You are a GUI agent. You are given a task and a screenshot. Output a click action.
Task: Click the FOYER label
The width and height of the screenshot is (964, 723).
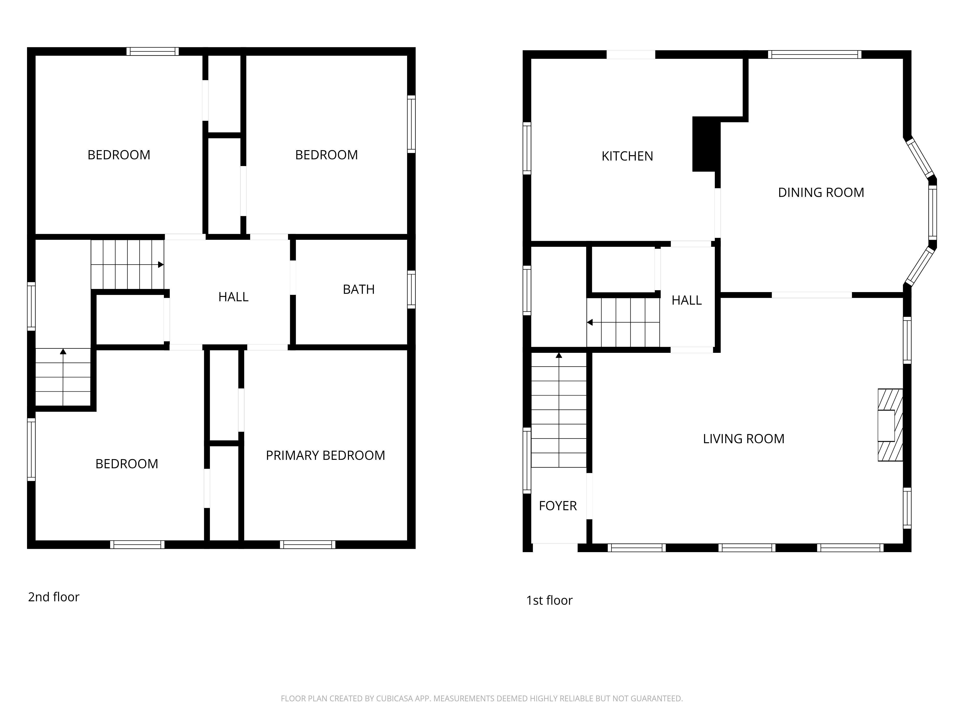click(558, 506)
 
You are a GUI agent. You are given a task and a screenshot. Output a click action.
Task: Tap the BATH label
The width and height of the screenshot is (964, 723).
click(359, 289)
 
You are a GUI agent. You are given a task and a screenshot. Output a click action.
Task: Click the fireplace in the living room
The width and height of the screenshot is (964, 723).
click(890, 425)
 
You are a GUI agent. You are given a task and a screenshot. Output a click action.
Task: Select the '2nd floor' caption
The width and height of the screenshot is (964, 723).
click(54, 597)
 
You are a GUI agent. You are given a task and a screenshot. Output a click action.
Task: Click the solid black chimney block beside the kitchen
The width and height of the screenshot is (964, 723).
click(706, 144)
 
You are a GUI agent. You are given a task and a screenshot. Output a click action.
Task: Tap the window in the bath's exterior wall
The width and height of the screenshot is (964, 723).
click(411, 289)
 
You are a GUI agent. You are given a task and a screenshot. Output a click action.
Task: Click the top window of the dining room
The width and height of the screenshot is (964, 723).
click(815, 54)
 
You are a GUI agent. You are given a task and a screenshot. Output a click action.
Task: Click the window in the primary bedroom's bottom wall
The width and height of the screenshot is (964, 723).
click(308, 544)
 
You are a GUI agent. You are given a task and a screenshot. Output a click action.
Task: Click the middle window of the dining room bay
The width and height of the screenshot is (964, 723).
click(933, 212)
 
